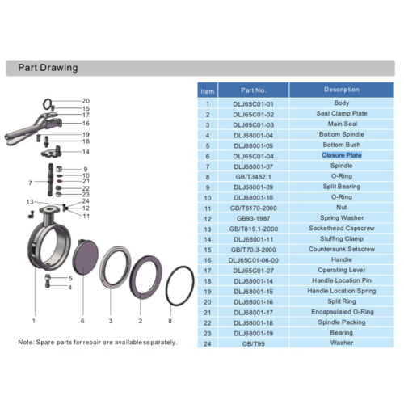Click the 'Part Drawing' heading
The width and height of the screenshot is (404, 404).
point(48,68)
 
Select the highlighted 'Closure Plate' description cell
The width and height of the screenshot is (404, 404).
point(342,155)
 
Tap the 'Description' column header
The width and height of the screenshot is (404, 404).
point(342,90)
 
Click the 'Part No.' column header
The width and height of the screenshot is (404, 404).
point(253,90)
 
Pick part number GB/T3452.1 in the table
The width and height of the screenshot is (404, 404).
point(253,177)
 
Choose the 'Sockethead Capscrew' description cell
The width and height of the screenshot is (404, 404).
point(342,229)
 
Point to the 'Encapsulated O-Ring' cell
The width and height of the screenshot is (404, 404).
point(343,312)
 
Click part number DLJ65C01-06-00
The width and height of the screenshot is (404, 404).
point(253,260)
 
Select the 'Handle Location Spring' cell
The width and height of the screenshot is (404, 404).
point(342,291)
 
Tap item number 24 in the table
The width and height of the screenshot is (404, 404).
point(208,343)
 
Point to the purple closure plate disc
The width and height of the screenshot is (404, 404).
point(85,257)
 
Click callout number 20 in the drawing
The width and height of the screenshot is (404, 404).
point(86,101)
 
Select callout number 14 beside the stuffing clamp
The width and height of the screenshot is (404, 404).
point(86,152)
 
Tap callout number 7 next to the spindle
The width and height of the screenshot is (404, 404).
point(31,183)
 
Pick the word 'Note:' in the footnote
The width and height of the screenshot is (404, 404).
point(26,343)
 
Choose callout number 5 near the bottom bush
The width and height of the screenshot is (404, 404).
point(70,278)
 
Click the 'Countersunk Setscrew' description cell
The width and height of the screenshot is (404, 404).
point(342,249)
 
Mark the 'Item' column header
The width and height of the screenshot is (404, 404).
point(208,92)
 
